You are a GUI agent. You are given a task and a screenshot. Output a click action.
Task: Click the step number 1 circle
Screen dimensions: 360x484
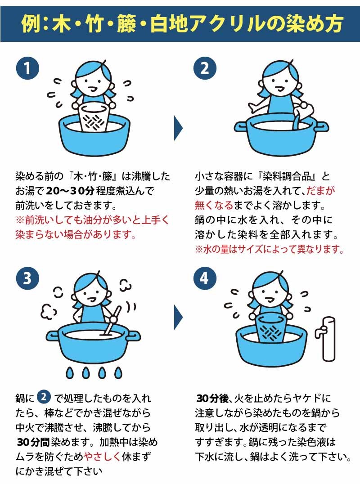[x=27, y=68]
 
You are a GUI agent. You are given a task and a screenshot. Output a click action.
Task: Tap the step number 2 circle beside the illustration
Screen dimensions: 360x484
[x=205, y=68]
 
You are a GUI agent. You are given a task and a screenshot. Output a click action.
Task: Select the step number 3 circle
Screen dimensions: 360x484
[x=27, y=278]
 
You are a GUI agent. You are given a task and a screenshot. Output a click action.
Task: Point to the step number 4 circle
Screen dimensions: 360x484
[x=205, y=278]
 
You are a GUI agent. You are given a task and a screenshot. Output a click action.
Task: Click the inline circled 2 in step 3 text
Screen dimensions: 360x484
[x=44, y=397]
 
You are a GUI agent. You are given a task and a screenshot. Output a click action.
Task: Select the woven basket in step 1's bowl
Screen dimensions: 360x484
[x=93, y=117]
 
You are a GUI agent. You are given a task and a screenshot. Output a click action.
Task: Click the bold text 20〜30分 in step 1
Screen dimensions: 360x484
[x=70, y=191]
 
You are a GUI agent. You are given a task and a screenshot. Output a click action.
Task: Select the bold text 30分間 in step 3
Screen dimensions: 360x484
[x=33, y=442]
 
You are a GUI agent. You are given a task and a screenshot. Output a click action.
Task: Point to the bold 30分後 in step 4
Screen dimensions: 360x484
[x=212, y=398]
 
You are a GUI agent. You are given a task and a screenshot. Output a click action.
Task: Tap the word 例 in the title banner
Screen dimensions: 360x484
[x=30, y=23]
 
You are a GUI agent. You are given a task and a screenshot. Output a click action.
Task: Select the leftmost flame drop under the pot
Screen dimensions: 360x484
[x=70, y=372]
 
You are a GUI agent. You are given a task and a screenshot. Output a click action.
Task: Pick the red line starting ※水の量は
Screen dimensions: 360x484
[x=269, y=249]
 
